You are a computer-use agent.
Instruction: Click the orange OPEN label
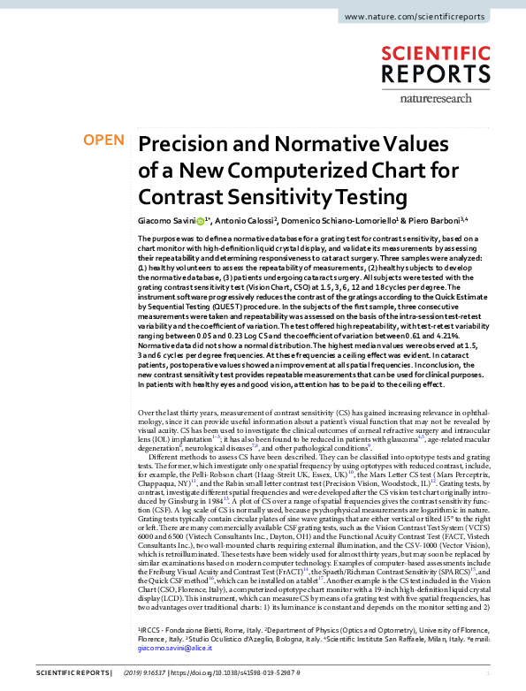104,140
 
